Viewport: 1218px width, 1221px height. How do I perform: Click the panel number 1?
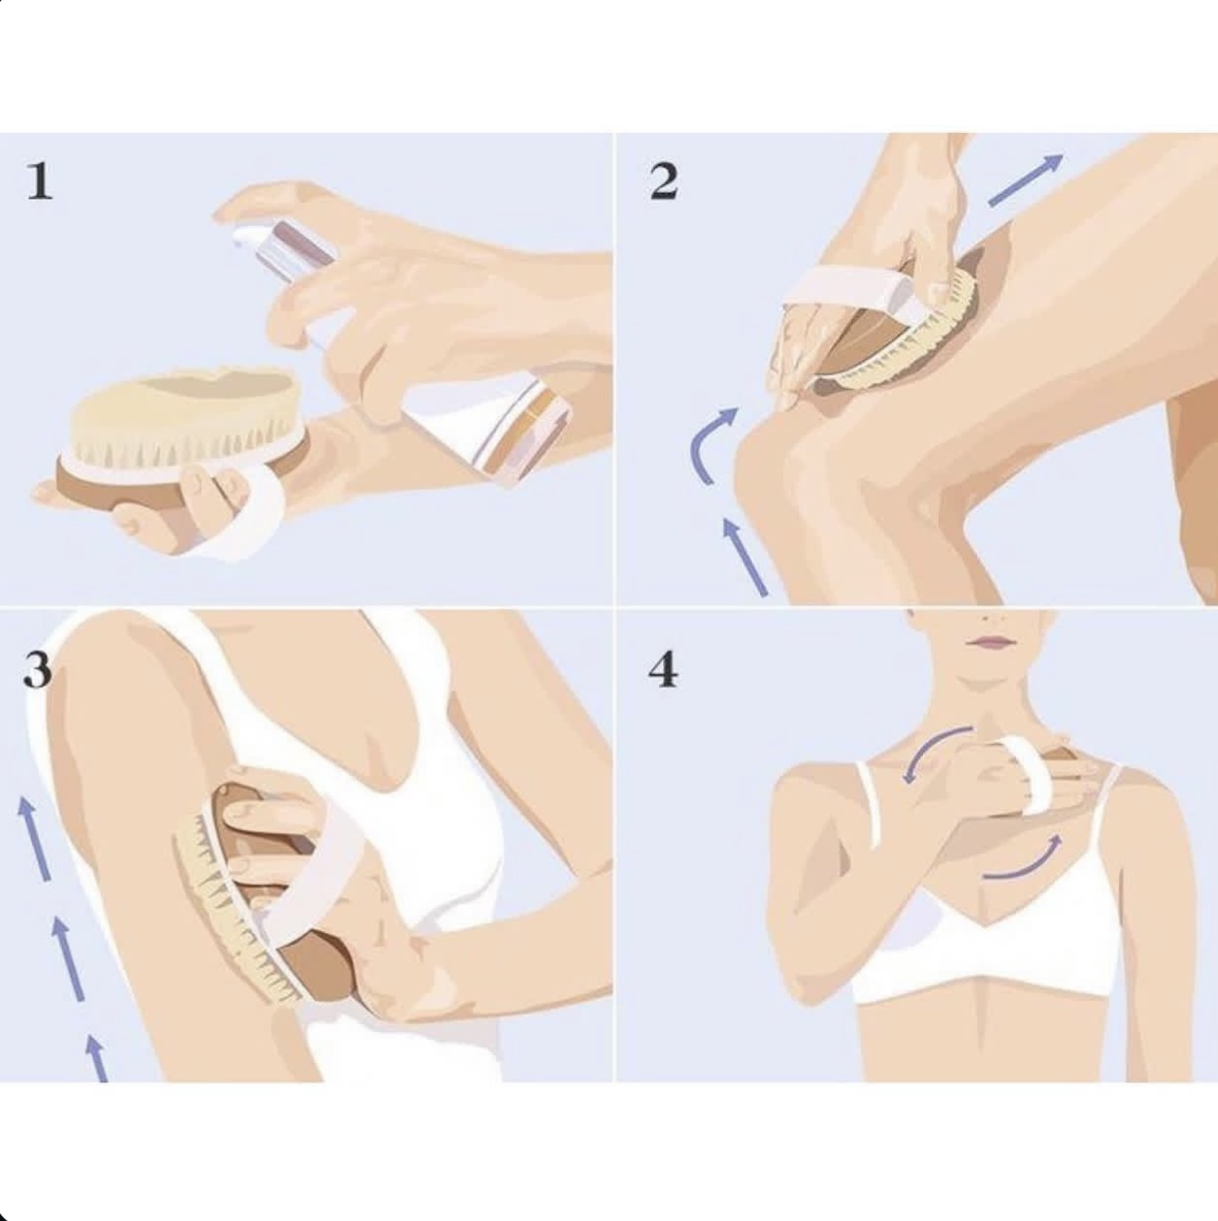coord(40,183)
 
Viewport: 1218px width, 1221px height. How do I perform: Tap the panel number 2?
coord(664,183)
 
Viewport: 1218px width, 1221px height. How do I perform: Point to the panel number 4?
coord(663,670)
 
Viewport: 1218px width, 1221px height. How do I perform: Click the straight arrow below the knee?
coord(744,556)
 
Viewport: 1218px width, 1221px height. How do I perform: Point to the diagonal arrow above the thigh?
coord(1024,180)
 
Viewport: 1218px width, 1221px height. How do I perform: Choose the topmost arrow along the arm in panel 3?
coord(33,838)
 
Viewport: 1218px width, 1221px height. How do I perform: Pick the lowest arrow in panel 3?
coord(96,1057)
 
